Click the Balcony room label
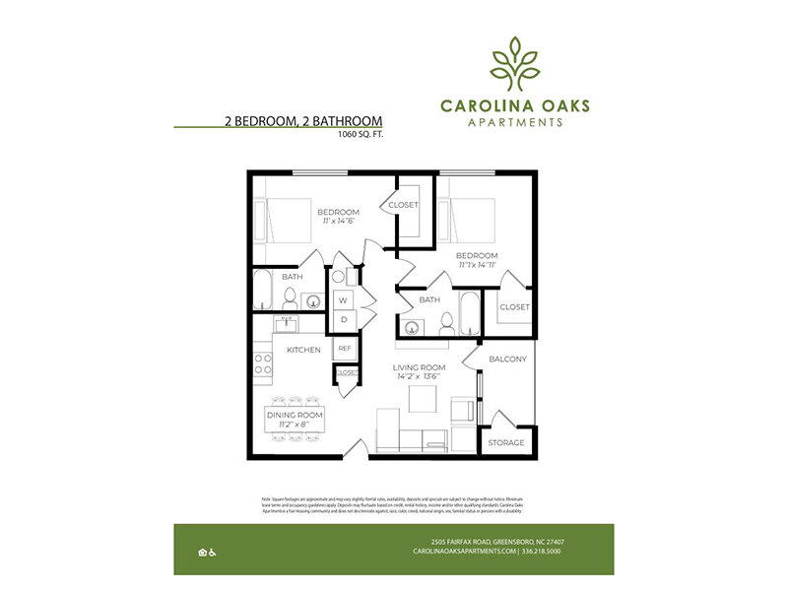pyautogui.click(x=507, y=359)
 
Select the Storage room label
pyautogui.click(x=507, y=443)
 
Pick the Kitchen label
pyautogui.click(x=302, y=350)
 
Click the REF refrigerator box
pyautogui.click(x=345, y=348)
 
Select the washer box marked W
pyautogui.click(x=344, y=299)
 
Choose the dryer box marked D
pyautogui.click(x=344, y=319)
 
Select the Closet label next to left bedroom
pyautogui.click(x=403, y=205)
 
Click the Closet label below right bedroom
pyautogui.click(x=513, y=307)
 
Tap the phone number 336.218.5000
pyautogui.click(x=542, y=552)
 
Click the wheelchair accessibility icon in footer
pyautogui.click(x=214, y=552)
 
